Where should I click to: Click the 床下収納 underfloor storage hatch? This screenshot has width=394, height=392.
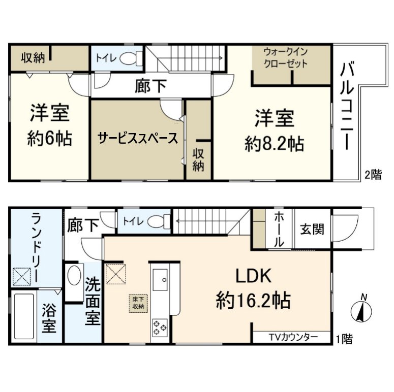coord(138,303)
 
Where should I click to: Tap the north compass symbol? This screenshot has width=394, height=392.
coord(361,310)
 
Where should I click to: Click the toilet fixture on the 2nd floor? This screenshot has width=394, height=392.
coord(131,58)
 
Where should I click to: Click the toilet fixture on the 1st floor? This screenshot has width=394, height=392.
coord(159,221)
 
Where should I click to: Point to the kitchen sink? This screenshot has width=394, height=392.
coord(160,280)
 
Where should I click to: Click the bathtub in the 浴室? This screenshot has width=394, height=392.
coord(24,316)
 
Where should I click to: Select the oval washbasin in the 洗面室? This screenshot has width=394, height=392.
coord(74,275)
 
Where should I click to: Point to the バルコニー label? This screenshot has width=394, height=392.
coord(347,107)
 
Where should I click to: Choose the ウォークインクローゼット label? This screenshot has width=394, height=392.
coord(286,58)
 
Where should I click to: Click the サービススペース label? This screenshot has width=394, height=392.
coord(138,138)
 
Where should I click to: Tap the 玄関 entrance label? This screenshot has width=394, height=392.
coord(312,229)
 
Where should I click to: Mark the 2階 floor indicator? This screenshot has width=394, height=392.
coord(373,174)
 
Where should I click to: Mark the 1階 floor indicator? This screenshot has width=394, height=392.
coord(345,339)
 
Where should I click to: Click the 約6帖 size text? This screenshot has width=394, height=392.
coord(49,138)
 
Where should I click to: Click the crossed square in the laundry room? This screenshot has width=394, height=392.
coord(22,277)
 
